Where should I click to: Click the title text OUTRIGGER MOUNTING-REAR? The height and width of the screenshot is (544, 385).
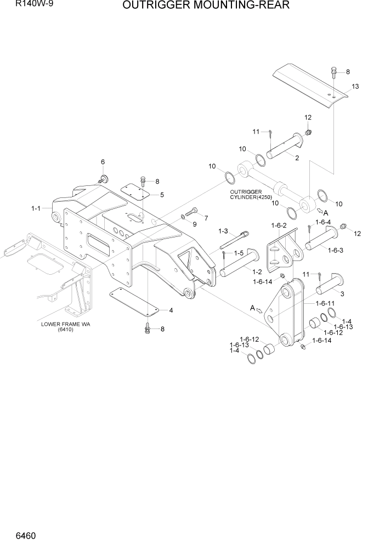(206, 6)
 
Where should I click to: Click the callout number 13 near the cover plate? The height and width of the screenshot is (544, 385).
(355, 87)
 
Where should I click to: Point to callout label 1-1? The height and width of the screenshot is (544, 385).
(36, 208)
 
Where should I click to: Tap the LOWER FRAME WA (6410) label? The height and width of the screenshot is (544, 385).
(65, 327)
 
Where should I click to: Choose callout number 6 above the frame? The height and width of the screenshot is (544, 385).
(103, 162)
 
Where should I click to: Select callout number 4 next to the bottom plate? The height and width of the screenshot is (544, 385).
(171, 310)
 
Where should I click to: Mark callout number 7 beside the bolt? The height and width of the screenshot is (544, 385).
(206, 218)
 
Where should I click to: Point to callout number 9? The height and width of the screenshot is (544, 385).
(195, 224)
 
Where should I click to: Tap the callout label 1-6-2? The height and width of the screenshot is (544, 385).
(280, 225)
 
